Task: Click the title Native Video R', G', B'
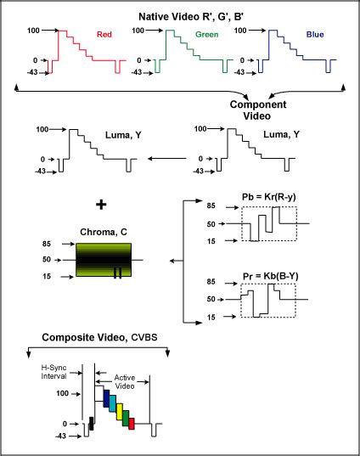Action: click(191, 17)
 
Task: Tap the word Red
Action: click(104, 34)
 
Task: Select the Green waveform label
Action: click(207, 34)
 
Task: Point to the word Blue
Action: click(315, 34)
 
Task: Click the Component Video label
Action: click(258, 110)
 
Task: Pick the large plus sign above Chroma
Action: click(101, 205)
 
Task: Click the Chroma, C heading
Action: click(104, 232)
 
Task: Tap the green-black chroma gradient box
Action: click(104, 260)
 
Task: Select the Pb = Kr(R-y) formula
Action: click(269, 197)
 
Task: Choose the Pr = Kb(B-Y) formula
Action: click(271, 276)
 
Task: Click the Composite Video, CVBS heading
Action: click(99, 337)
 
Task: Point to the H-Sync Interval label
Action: click(53, 372)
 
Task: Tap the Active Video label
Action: click(125, 382)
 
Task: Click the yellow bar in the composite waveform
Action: click(119, 412)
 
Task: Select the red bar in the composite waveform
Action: click(132, 424)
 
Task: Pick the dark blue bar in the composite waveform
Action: click(106, 398)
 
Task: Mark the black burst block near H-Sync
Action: click(92, 424)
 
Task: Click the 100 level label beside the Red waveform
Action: click(33, 31)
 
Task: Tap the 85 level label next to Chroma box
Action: click(47, 244)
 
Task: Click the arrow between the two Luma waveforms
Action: click(167, 159)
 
